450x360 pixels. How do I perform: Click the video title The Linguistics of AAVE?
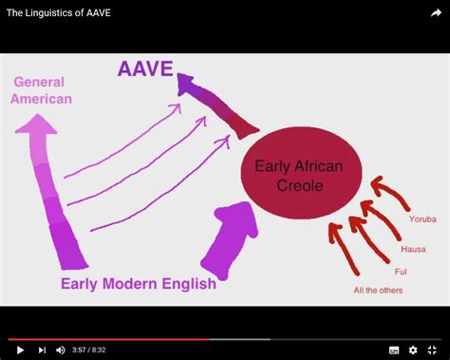tap(59, 12)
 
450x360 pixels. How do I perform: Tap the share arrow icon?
tap(436, 13)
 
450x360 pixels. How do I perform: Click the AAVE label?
tap(147, 69)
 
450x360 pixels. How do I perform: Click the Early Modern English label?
tap(138, 283)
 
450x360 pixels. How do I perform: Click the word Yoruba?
tap(422, 219)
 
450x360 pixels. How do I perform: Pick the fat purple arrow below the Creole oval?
tap(231, 241)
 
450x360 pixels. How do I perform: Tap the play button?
tap(20, 350)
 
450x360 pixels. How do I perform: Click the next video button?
tap(42, 350)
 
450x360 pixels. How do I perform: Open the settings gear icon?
tap(413, 350)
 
